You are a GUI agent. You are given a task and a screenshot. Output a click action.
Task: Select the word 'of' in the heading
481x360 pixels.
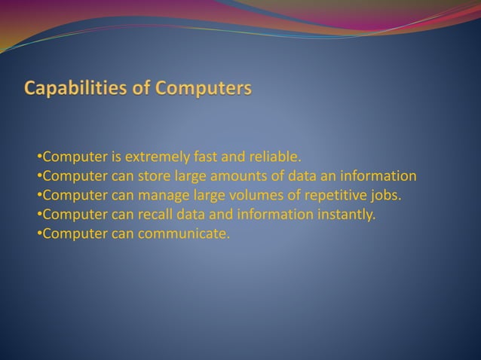[141, 89]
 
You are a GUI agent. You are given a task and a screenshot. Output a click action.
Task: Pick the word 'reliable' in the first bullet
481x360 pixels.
[274, 157]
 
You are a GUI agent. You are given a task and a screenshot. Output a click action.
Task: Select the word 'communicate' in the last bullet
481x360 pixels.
[184, 234]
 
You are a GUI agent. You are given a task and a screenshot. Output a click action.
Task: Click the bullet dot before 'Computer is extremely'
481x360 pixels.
[39, 157]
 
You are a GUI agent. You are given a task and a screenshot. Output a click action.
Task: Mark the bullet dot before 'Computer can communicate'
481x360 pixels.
[39, 234]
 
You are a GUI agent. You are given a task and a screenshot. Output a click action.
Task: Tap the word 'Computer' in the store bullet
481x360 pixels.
[75, 177]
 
